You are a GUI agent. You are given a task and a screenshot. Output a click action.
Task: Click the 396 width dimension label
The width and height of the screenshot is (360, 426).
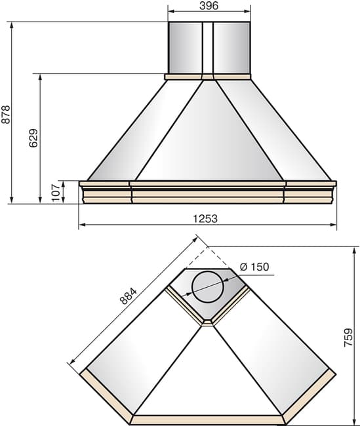click(209, 5)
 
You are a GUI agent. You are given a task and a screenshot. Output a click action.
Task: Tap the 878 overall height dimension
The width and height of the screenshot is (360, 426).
click(6, 115)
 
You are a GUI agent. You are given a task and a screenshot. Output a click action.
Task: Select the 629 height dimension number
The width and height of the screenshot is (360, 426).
click(33, 138)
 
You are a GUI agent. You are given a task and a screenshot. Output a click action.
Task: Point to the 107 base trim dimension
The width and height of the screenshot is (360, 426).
click(56, 192)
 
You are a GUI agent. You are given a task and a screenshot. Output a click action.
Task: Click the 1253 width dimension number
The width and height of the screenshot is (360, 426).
click(205, 219)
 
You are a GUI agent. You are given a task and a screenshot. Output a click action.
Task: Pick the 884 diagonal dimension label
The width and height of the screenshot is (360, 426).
click(128, 296)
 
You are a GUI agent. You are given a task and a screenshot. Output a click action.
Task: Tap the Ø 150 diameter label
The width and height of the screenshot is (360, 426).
click(254, 267)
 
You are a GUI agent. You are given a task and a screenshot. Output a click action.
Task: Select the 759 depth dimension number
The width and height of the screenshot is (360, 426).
click(348, 338)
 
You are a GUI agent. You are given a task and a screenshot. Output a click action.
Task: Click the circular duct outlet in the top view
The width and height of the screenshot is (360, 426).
click(208, 287)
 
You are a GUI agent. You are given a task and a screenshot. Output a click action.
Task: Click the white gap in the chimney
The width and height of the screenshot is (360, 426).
click(208, 48)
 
